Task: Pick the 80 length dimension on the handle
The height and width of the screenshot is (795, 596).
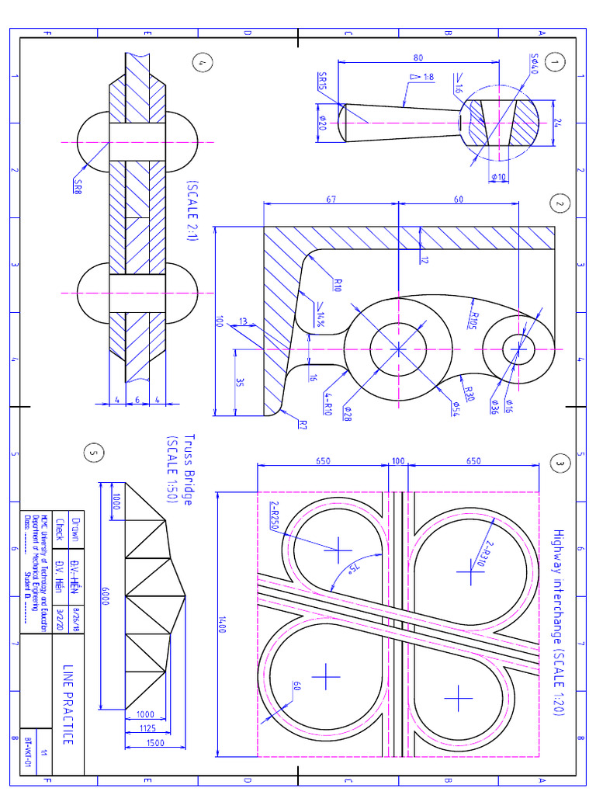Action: coord(418,58)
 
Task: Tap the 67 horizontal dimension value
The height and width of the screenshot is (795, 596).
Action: coord(331,200)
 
